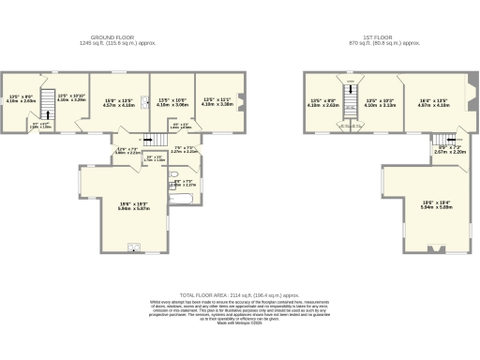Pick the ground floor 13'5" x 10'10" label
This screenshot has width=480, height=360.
(71, 97)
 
